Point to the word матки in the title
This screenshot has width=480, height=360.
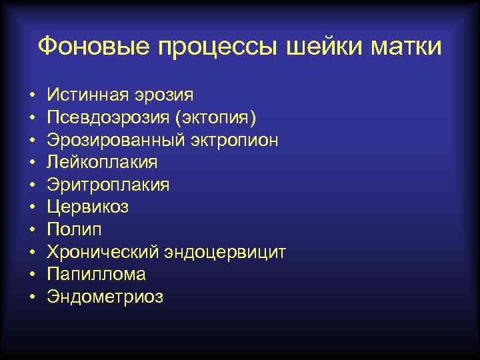tap(407, 47)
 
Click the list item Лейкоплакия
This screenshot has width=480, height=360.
tap(102, 162)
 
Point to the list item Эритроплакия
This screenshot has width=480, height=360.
tap(108, 185)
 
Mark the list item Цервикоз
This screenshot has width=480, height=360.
tap(88, 207)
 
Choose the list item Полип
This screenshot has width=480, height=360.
tap(72, 229)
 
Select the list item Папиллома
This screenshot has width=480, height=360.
tap(96, 274)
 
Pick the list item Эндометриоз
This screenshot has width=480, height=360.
tap(105, 297)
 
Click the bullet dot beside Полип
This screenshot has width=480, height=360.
tap(32, 230)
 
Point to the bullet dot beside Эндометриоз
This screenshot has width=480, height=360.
tap(32, 297)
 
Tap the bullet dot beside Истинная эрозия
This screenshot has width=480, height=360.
tap(32, 95)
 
